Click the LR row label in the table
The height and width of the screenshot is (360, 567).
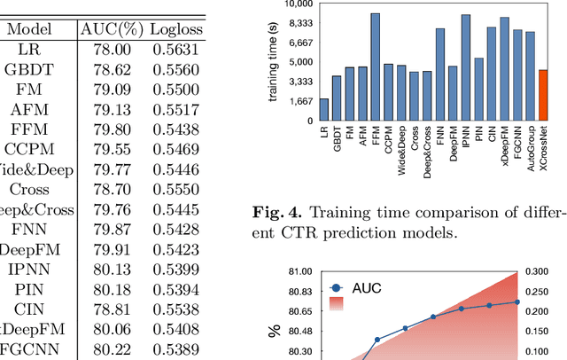(x=28, y=50)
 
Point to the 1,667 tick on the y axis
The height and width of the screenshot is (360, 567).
(x=299, y=100)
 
